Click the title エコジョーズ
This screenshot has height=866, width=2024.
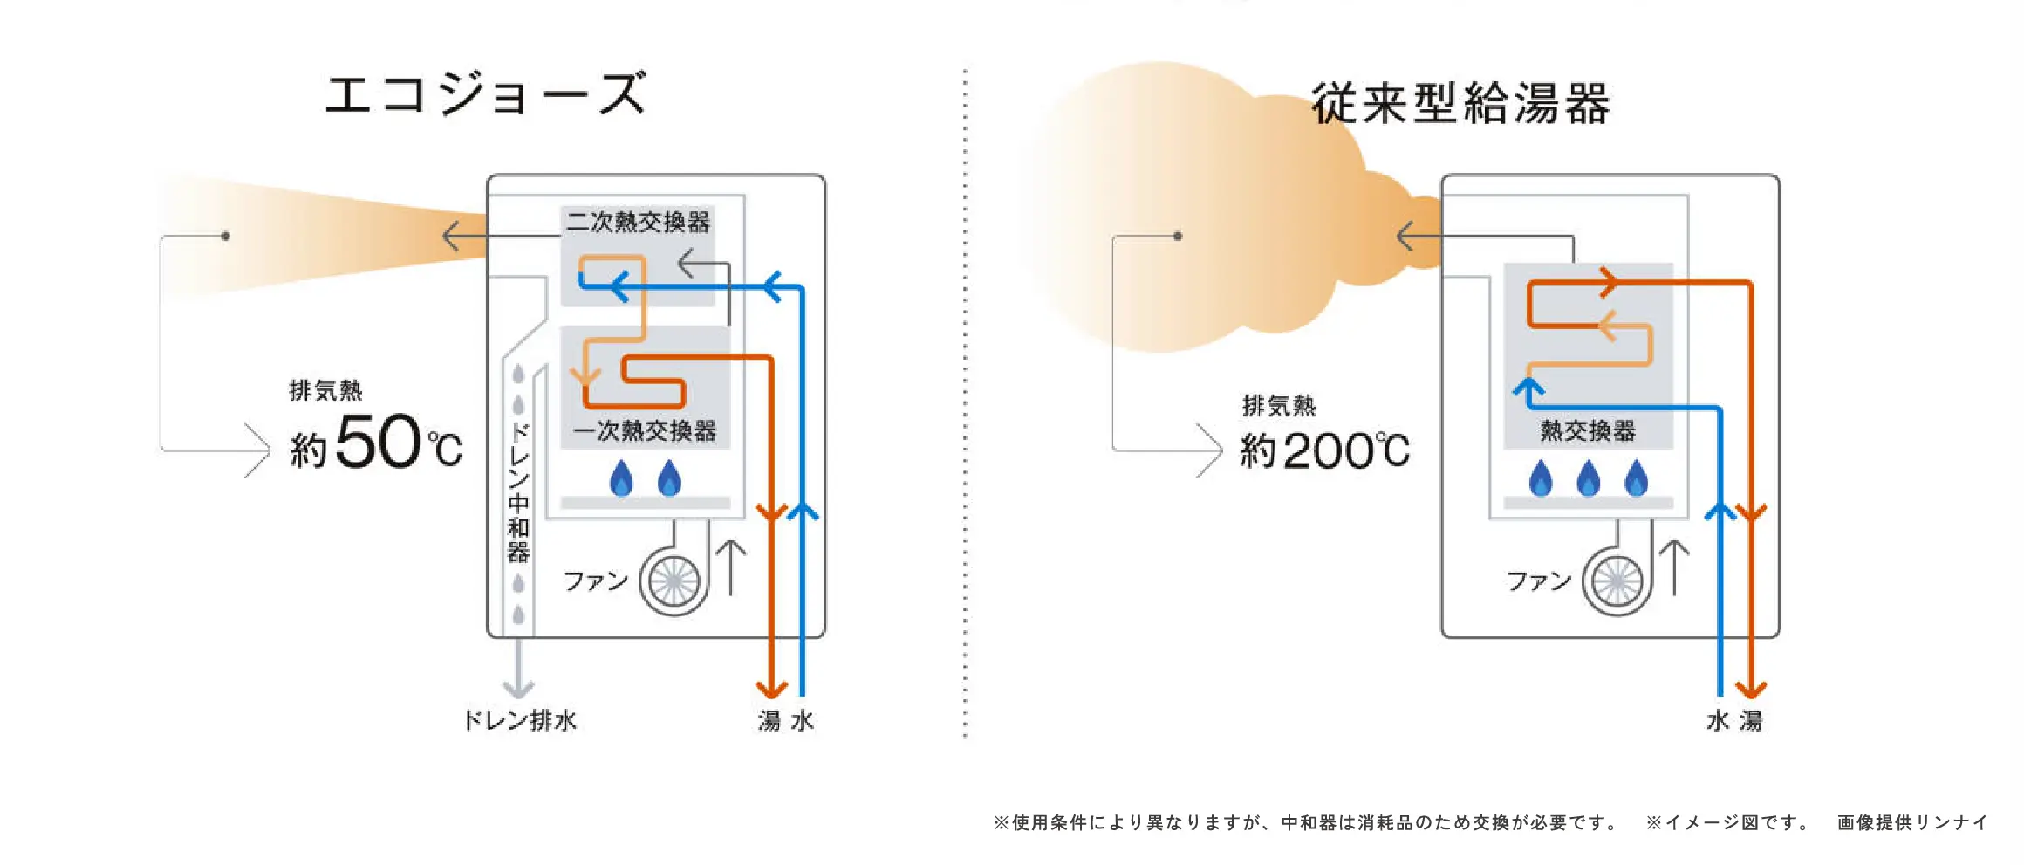[x=485, y=94]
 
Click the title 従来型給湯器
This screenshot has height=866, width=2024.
[x=1460, y=104]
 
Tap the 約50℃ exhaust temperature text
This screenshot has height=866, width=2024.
[x=376, y=443]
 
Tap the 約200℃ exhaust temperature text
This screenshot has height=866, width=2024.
[x=1324, y=450]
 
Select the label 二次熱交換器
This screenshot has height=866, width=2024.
[x=638, y=222]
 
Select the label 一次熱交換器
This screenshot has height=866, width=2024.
[x=645, y=430]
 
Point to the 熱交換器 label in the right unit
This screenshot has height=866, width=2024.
[x=1588, y=430]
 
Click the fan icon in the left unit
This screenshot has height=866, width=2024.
[x=673, y=581]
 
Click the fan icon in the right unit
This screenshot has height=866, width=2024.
[x=1617, y=581]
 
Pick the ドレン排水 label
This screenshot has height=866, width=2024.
[x=520, y=720]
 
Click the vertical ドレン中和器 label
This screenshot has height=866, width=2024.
[x=519, y=492]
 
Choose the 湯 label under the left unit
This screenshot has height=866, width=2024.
[x=769, y=721]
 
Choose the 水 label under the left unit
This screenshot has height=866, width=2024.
[x=803, y=721]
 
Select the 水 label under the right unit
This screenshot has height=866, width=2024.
[x=1718, y=721]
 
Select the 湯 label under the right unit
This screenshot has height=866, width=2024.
[x=1751, y=721]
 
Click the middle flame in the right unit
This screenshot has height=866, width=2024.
[x=1589, y=478]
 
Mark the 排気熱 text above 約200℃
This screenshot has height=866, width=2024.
[x=1279, y=406]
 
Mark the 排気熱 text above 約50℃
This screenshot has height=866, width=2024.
[x=325, y=390]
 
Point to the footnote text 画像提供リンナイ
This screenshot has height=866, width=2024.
[x=1911, y=822]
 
